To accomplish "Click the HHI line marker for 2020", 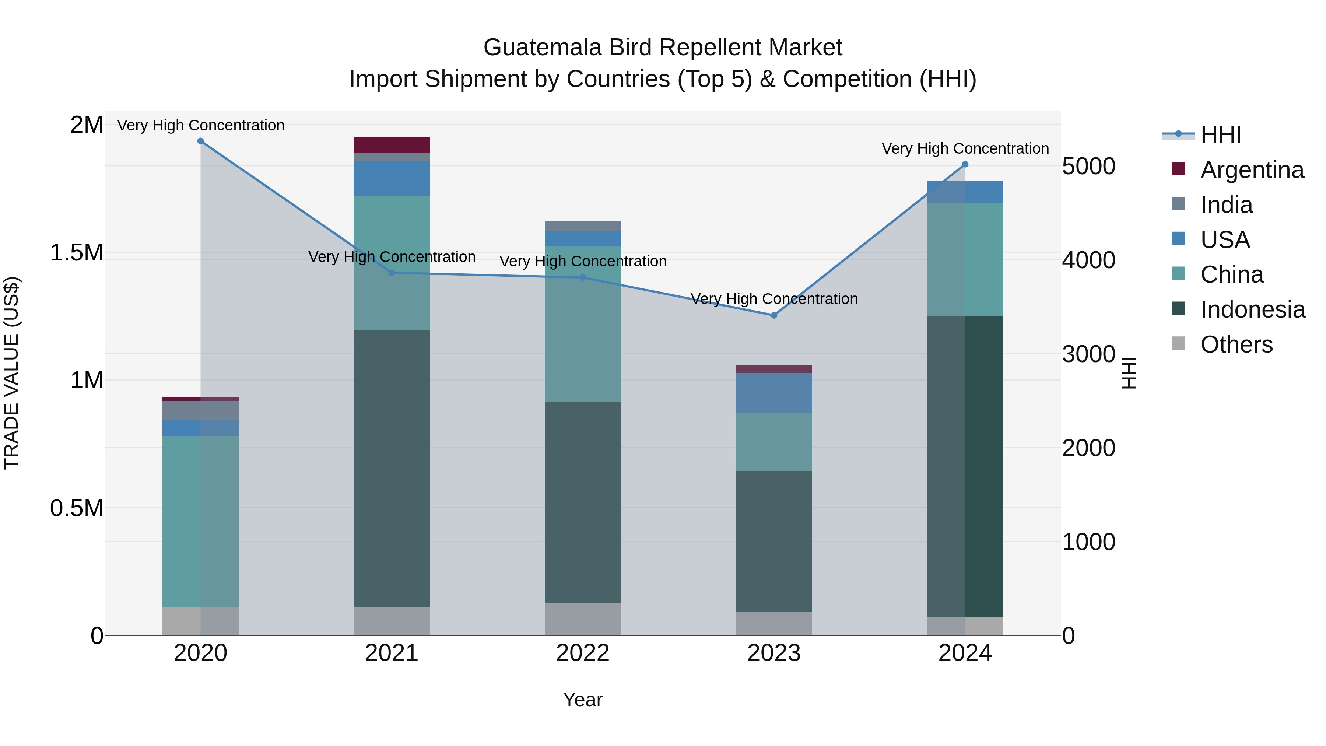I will click(201, 141).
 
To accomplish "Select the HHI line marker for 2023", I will click(773, 315).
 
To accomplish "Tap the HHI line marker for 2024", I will click(965, 164).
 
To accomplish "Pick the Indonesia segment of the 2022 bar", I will click(583, 502).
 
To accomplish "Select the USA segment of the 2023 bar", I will click(773, 392).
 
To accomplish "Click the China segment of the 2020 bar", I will click(201, 521).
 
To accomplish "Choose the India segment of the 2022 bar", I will click(583, 226).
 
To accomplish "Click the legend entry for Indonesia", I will click(1252, 309).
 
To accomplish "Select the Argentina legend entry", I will click(1252, 170).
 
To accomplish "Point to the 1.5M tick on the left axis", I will click(76, 253).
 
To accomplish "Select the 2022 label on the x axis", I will click(583, 653).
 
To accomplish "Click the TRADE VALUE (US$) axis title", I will click(11, 373).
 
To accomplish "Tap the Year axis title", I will click(583, 700).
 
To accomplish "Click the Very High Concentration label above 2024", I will click(965, 148).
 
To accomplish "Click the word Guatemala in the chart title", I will click(543, 48).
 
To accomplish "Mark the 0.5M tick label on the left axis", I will click(76, 508).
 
